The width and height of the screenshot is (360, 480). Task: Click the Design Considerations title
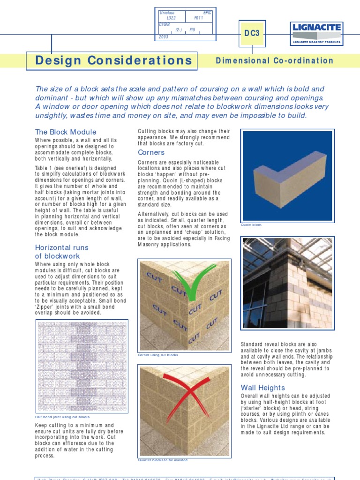114,60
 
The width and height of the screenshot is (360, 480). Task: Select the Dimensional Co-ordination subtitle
274,60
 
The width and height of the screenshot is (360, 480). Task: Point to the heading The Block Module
66,132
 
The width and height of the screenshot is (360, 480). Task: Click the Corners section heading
151,152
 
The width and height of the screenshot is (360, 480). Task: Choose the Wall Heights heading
262,388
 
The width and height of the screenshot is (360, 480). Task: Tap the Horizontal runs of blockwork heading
62,252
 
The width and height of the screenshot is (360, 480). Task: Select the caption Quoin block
251,225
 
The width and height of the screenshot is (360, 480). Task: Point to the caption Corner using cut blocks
158,355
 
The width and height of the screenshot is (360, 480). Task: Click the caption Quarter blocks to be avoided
163,460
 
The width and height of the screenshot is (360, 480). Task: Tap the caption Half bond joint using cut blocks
62,417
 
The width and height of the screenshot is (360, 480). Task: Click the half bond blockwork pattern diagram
82,366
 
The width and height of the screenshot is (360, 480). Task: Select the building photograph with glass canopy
287,283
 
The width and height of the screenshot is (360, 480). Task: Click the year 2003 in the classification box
164,36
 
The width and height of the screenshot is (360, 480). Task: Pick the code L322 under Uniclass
165,17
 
